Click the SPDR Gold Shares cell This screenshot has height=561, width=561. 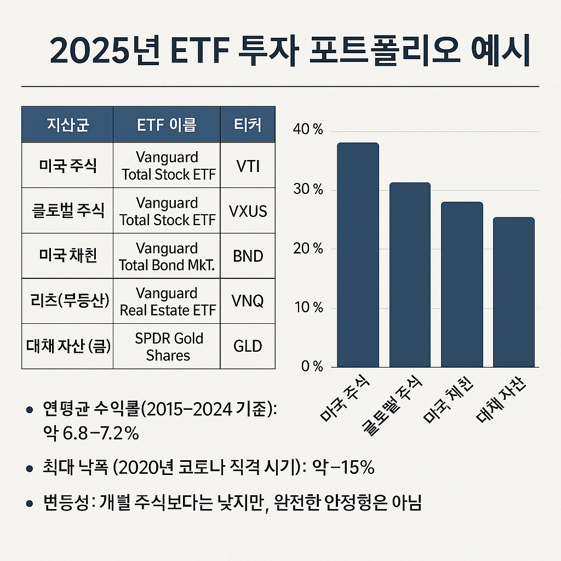click(168, 346)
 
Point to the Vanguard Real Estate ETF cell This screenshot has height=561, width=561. click(168, 301)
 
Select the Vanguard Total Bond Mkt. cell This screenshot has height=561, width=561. click(168, 256)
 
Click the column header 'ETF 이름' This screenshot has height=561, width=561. click(167, 125)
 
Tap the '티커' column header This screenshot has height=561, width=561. click(248, 125)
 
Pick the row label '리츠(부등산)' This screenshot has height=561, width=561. click(67, 301)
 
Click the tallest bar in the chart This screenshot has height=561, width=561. click(358, 255)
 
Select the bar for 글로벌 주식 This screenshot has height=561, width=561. click(410, 274)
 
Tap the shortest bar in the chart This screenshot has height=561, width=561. click(513, 292)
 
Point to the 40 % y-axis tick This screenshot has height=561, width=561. click(309, 131)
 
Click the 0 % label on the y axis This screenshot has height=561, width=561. click(312, 367)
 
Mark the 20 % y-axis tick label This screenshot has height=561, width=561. click(309, 249)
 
